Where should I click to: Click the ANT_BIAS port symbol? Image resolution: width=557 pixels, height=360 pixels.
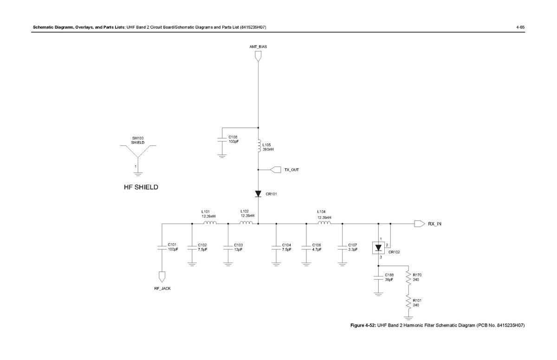pos(258,56)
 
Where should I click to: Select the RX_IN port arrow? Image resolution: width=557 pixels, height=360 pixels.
pos(419,224)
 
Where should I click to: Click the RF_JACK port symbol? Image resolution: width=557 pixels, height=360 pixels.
pos(162,277)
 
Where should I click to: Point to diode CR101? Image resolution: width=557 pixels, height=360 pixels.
pos(258,194)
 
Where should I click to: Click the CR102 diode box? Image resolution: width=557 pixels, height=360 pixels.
pos(379,248)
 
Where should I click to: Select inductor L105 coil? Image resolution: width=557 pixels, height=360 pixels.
pos(259,146)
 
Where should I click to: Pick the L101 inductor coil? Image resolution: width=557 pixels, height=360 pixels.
pos(210,223)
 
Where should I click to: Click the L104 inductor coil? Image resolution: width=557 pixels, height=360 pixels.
pos(324,223)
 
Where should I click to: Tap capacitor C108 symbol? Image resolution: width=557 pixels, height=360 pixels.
pos(222,139)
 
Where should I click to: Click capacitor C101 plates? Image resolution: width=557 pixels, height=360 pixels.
pos(162,247)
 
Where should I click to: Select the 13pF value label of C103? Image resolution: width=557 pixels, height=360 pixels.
pos(238,250)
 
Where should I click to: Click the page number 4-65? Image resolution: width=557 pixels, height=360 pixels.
pos(520,27)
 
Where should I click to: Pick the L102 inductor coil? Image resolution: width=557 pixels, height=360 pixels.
pos(246,223)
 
